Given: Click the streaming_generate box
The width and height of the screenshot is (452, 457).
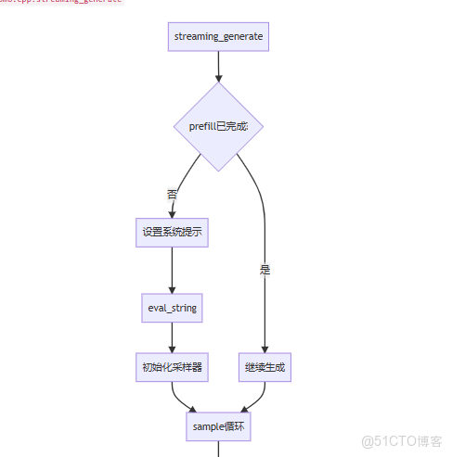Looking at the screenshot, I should point(218,37).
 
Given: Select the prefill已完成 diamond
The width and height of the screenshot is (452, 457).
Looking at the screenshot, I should point(218,126).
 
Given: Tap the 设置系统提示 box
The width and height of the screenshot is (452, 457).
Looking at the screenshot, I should point(172,233).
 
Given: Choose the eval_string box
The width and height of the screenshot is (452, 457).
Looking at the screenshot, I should point(172,308).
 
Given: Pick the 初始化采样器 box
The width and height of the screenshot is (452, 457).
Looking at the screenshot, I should point(172,367).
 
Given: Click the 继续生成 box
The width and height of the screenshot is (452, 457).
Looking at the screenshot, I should point(265,367).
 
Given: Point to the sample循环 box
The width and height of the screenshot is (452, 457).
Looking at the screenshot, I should point(218,427).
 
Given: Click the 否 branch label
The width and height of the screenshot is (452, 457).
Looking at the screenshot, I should point(172,195).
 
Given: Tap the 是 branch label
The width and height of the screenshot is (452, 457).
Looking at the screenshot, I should point(265,270).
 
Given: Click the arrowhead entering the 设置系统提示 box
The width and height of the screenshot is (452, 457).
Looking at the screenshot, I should point(172,213).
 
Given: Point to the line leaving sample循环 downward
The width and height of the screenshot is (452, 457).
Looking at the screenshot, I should point(218,451).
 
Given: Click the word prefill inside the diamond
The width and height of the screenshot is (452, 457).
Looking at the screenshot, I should point(201,126).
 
